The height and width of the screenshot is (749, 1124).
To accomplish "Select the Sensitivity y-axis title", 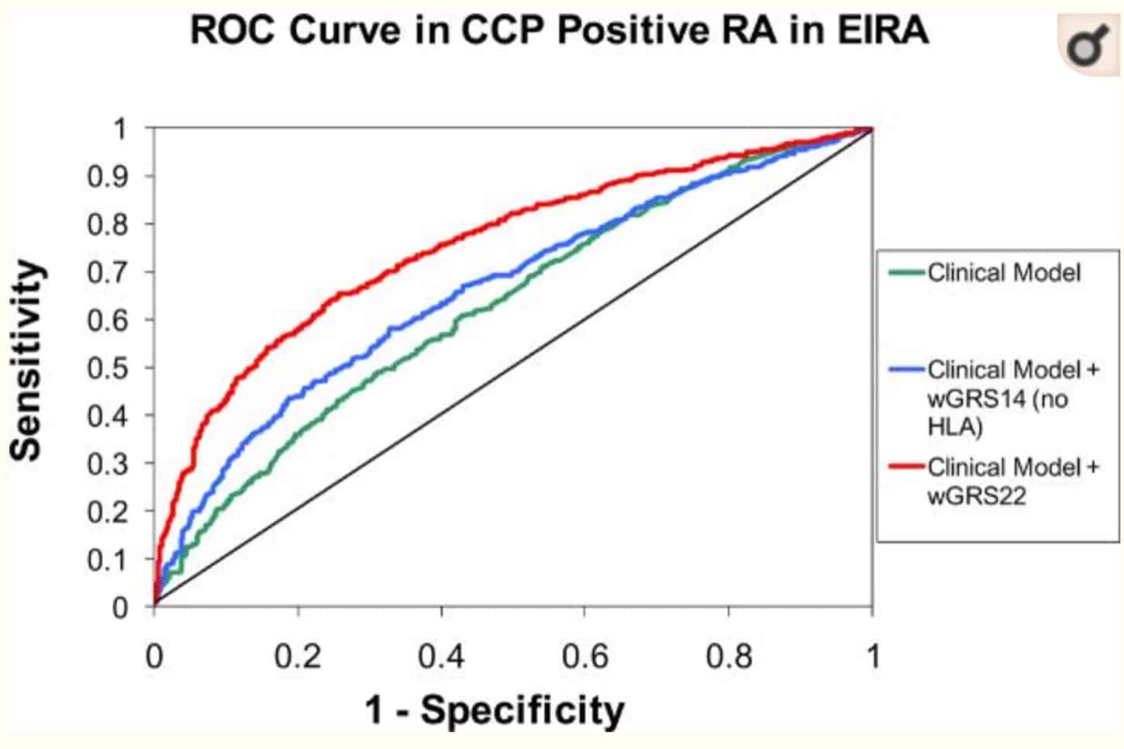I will [26, 360].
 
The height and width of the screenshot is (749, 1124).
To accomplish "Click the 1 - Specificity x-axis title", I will [494, 709].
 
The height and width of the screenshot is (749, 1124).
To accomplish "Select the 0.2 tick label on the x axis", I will [298, 657].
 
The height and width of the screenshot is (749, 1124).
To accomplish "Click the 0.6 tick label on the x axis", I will [585, 657].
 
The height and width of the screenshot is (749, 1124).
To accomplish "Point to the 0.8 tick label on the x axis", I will [729, 657].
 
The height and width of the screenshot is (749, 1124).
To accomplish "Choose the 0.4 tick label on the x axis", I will [441, 657].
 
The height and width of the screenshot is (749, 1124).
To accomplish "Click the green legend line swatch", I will [906, 272].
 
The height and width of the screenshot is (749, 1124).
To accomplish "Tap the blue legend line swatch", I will [906, 369].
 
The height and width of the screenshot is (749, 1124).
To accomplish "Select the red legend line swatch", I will [906, 466].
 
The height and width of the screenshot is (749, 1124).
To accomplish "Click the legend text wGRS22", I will [976, 495].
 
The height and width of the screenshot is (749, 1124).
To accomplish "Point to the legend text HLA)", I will [954, 426].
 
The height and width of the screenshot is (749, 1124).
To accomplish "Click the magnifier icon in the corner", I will [1087, 47].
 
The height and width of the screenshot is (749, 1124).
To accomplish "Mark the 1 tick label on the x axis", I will [873, 657].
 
